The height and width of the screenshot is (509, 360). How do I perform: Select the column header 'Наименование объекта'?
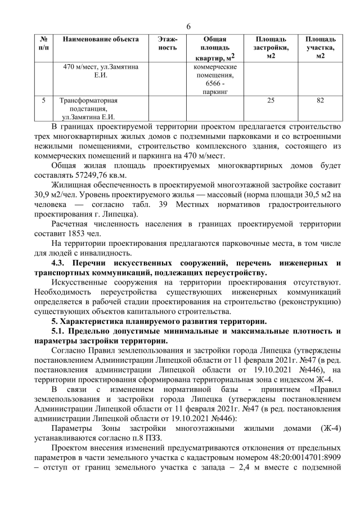tap(100, 39)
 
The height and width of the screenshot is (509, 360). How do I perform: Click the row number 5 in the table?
tap(44, 101)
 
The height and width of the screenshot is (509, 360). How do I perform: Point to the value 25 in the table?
tap(271, 101)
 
